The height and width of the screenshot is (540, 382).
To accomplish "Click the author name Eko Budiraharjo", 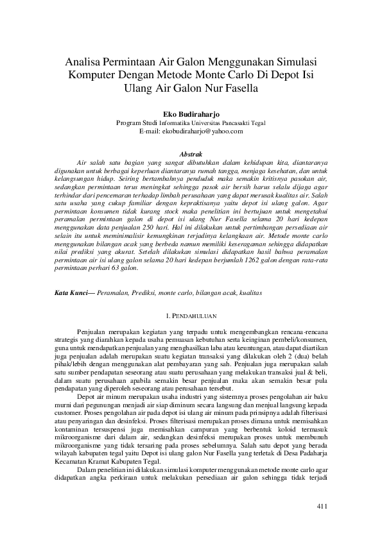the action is [191, 114].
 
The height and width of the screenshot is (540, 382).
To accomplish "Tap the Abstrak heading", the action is [191, 154].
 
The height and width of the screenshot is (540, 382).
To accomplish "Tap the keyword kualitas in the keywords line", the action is [248, 292].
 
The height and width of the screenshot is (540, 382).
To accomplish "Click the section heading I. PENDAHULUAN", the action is [191, 316].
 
